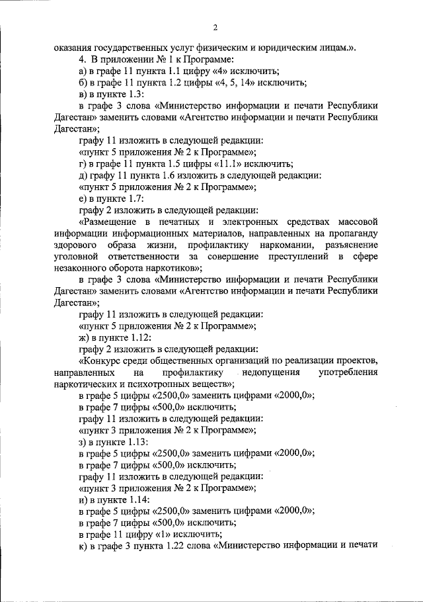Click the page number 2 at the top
[215, 27]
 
